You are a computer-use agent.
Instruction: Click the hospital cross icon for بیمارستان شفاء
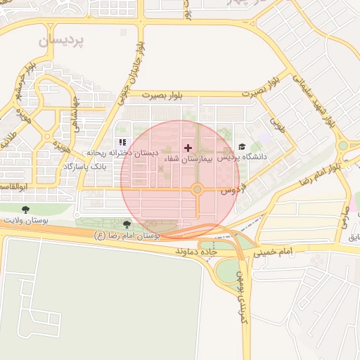187,148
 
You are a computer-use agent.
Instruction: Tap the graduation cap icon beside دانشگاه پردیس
243,147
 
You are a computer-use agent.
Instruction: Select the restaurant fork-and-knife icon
122,142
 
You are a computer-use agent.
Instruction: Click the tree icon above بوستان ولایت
26,210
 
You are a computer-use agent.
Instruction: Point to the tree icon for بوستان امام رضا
127,225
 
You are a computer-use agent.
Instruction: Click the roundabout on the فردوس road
198,189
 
